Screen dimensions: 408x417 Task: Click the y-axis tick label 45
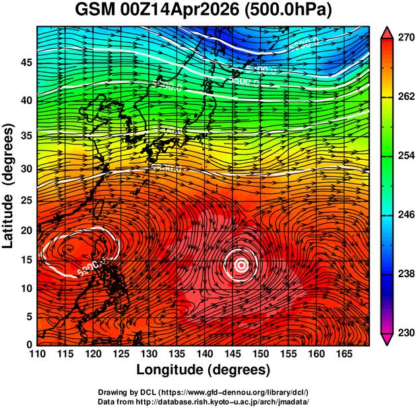[25, 62]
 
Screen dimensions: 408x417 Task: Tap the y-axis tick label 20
[25, 230]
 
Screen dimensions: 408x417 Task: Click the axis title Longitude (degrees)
[203, 370]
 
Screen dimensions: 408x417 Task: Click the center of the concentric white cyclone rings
[242, 266]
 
